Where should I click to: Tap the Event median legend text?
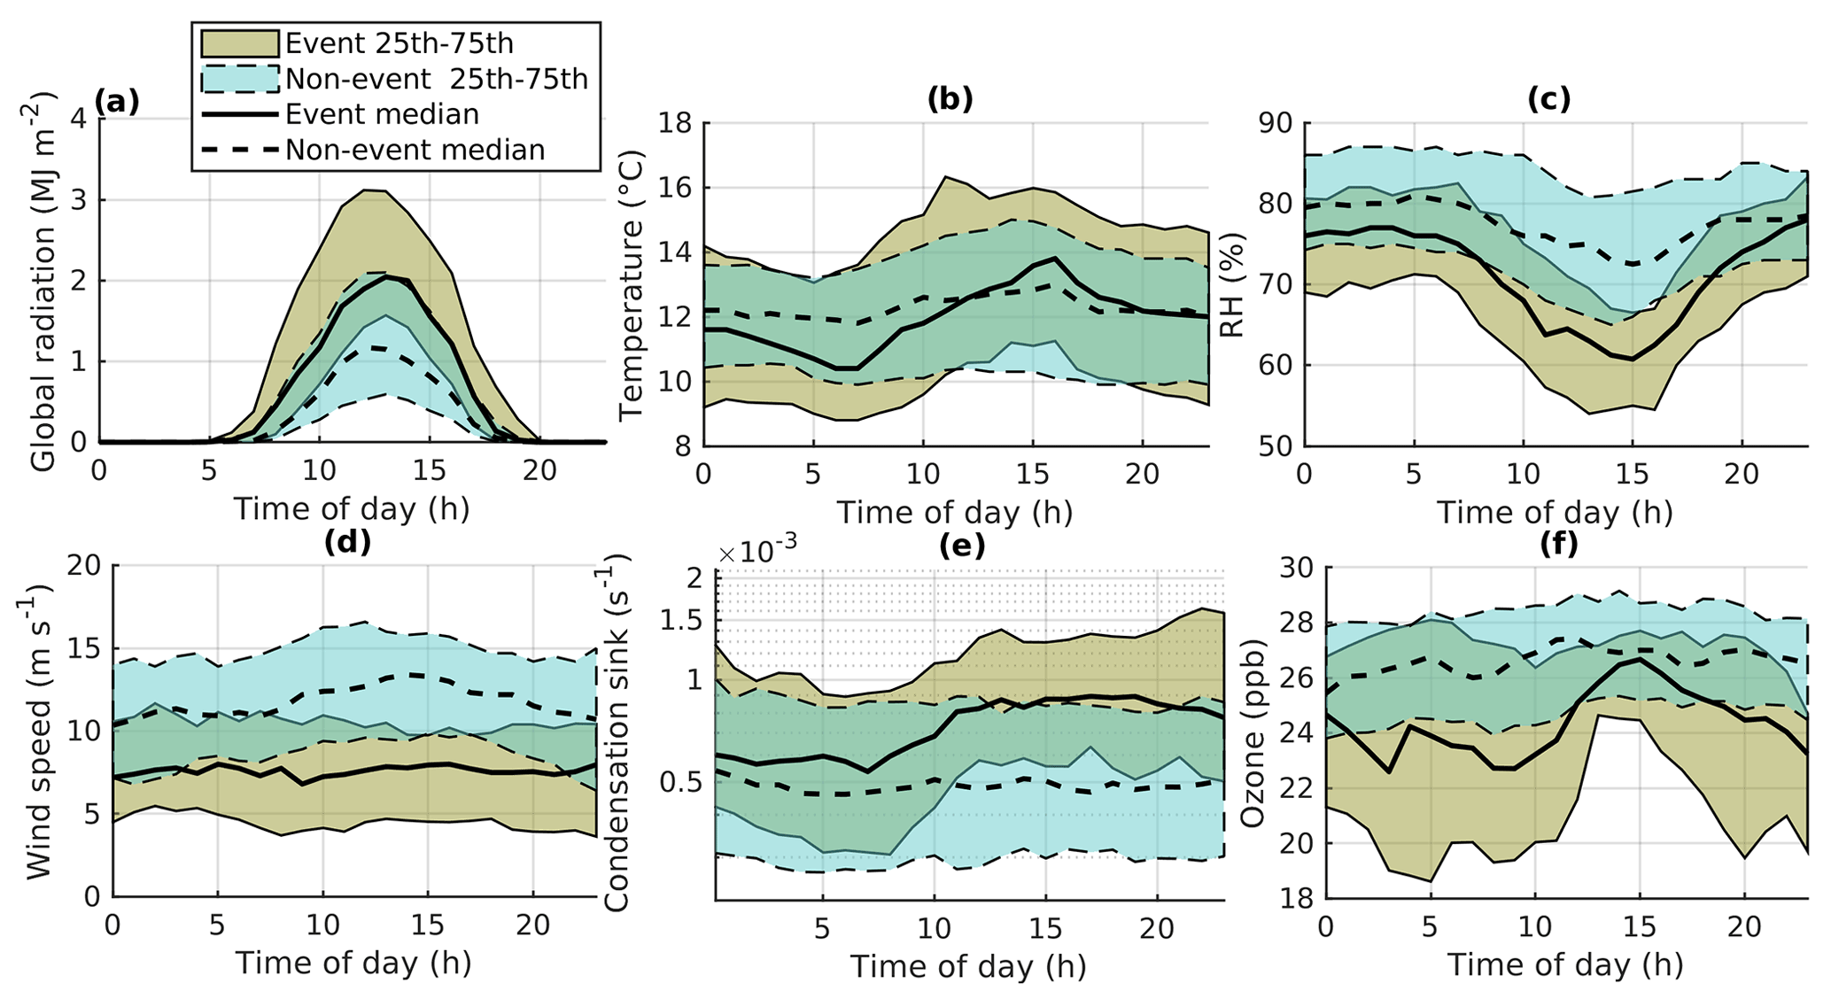(382, 114)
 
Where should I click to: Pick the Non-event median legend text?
(415, 150)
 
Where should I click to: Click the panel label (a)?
(117, 102)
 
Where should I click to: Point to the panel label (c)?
(1548, 99)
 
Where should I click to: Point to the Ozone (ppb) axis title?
(1252, 732)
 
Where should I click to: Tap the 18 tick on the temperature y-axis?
(676, 123)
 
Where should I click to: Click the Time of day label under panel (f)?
(1565, 964)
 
